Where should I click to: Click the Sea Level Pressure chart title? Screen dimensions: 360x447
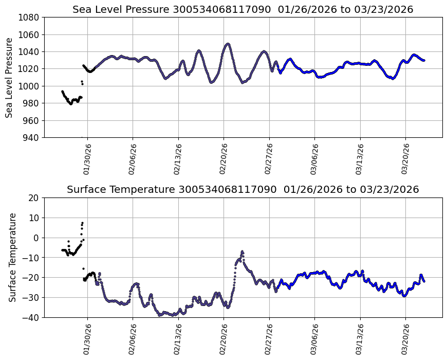[243, 9]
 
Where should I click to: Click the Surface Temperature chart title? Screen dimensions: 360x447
[243, 189]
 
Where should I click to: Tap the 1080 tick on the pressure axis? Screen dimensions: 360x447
[29, 17]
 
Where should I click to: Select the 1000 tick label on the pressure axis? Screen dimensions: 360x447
[29, 86]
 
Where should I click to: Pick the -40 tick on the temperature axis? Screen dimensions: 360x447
[31, 317]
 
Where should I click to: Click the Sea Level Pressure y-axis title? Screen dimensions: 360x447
[10, 77]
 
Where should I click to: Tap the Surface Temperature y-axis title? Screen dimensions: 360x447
[12, 257]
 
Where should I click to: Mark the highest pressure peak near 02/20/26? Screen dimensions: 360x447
[228, 44]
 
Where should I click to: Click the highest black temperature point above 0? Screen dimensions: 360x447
[82, 223]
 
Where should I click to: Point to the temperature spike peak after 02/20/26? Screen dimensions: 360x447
[242, 251]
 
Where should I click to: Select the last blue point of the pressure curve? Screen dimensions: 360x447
[424, 60]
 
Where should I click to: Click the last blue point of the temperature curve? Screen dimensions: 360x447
[424, 281]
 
